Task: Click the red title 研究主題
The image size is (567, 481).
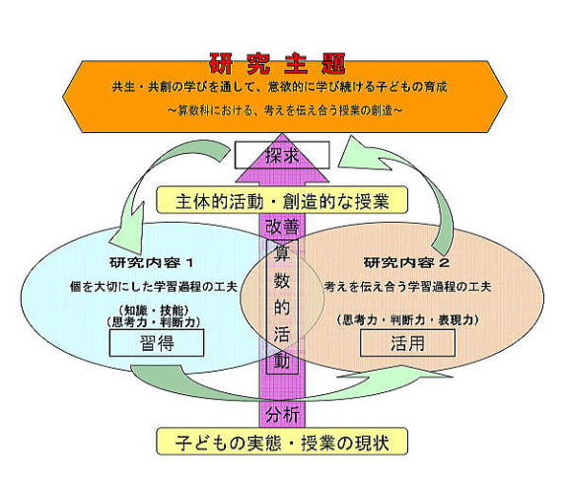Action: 277,64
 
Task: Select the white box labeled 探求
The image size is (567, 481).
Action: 282,155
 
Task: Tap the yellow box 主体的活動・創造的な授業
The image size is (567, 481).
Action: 282,200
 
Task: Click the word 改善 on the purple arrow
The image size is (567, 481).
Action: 282,227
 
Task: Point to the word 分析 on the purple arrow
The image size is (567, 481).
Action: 282,415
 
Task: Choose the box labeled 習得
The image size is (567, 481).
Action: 157,343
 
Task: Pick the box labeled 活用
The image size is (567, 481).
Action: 407,343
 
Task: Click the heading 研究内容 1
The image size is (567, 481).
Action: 152,263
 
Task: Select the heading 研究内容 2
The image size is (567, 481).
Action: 406,263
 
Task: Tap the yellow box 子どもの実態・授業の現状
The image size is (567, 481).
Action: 282,442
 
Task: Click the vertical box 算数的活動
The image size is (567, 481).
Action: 282,307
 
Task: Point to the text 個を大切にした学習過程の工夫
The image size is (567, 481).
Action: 154,287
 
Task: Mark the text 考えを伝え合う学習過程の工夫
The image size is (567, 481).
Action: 407,287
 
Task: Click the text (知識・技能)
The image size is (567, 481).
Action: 153,310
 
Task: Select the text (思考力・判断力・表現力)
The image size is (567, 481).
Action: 407,319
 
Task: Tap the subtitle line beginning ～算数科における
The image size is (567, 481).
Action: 285,110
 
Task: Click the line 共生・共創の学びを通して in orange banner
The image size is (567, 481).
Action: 279,87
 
